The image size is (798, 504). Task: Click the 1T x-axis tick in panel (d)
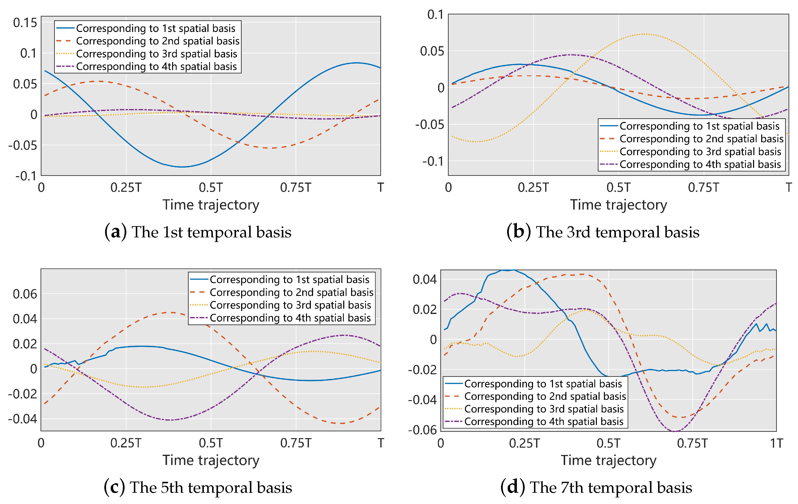pos(777,443)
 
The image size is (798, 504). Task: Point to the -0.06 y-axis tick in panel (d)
pos(423,430)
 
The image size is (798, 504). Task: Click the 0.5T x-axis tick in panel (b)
pos(618,188)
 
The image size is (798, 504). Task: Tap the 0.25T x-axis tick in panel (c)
pos(126,443)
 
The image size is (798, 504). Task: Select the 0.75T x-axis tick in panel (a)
pos(296,188)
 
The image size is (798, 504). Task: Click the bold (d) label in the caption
pos(512,487)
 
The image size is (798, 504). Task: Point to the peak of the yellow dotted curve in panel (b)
pos(644,34)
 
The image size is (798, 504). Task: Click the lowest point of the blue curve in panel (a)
pos(182,167)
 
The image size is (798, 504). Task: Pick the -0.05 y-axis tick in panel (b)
pos(430,125)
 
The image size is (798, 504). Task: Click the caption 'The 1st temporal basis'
pos(211,232)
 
